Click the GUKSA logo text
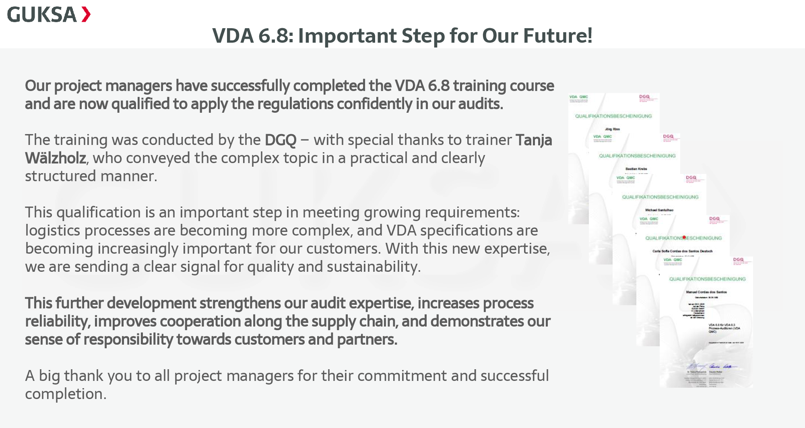(x=42, y=15)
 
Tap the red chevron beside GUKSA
(x=86, y=14)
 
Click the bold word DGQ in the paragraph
(x=280, y=140)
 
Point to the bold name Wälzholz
(x=56, y=158)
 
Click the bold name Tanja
(x=534, y=140)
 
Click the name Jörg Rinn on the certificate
(x=612, y=129)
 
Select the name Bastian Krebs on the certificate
(x=636, y=169)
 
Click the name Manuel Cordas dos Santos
(x=706, y=292)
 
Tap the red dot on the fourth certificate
(x=684, y=238)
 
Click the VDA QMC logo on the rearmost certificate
(x=578, y=97)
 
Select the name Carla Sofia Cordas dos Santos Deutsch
(x=682, y=251)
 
